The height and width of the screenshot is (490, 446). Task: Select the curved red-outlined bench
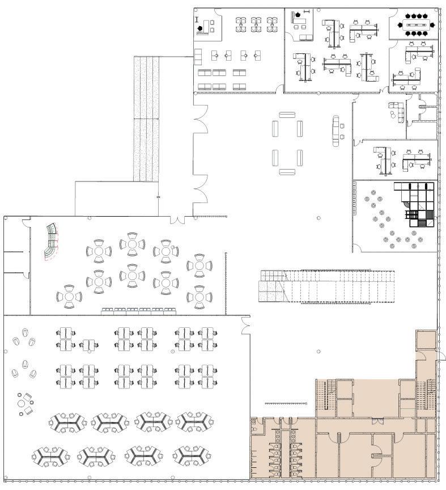pos(52,240)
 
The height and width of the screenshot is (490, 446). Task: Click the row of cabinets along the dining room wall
pos(138,310)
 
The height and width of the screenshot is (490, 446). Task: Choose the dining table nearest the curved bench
pos(99,250)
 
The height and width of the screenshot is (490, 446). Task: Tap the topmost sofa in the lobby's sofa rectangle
pos(287,116)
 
